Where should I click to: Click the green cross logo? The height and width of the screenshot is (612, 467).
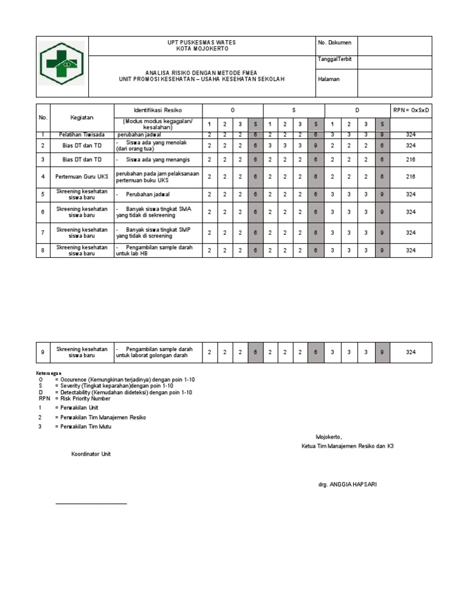click(62, 63)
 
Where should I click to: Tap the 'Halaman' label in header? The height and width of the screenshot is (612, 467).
click(328, 79)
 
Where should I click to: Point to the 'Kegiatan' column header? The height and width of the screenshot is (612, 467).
click(81, 117)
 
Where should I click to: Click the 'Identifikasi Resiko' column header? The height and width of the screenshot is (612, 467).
click(157, 110)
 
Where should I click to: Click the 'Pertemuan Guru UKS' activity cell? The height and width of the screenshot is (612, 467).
click(81, 176)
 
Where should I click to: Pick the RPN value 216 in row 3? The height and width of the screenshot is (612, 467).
click(410, 159)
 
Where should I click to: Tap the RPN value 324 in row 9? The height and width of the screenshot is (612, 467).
click(410, 352)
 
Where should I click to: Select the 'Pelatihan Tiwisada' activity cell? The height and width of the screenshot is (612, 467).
click(81, 134)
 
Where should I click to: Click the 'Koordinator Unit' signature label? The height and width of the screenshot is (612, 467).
click(91, 454)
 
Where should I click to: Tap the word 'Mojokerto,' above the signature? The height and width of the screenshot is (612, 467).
click(329, 437)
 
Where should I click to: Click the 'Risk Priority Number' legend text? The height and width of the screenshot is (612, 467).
click(83, 398)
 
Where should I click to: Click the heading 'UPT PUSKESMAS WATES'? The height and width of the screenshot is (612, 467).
click(201, 43)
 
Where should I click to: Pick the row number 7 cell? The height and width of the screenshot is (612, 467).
click(43, 232)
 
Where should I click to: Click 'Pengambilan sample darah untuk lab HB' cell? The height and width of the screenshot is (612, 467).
click(157, 251)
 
